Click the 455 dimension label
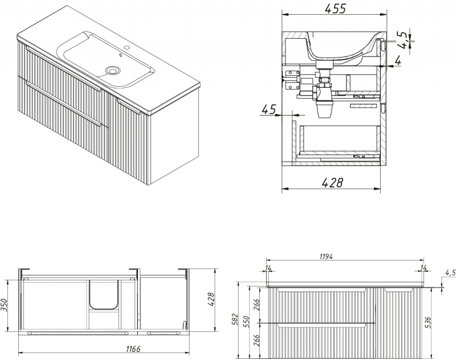pyautogui.click(x=335, y=9)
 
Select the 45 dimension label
pyautogui.click(x=268, y=110)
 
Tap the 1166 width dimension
pyautogui.click(x=133, y=349)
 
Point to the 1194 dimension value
pyautogui.click(x=326, y=256)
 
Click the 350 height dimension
pyautogui.click(x=4, y=305)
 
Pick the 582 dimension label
pyautogui.click(x=235, y=321)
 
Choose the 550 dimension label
pyautogui.click(x=247, y=321)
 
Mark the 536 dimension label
pyautogui.click(x=428, y=322)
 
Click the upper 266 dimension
pyautogui.click(x=257, y=305)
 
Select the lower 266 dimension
pyautogui.click(x=257, y=340)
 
